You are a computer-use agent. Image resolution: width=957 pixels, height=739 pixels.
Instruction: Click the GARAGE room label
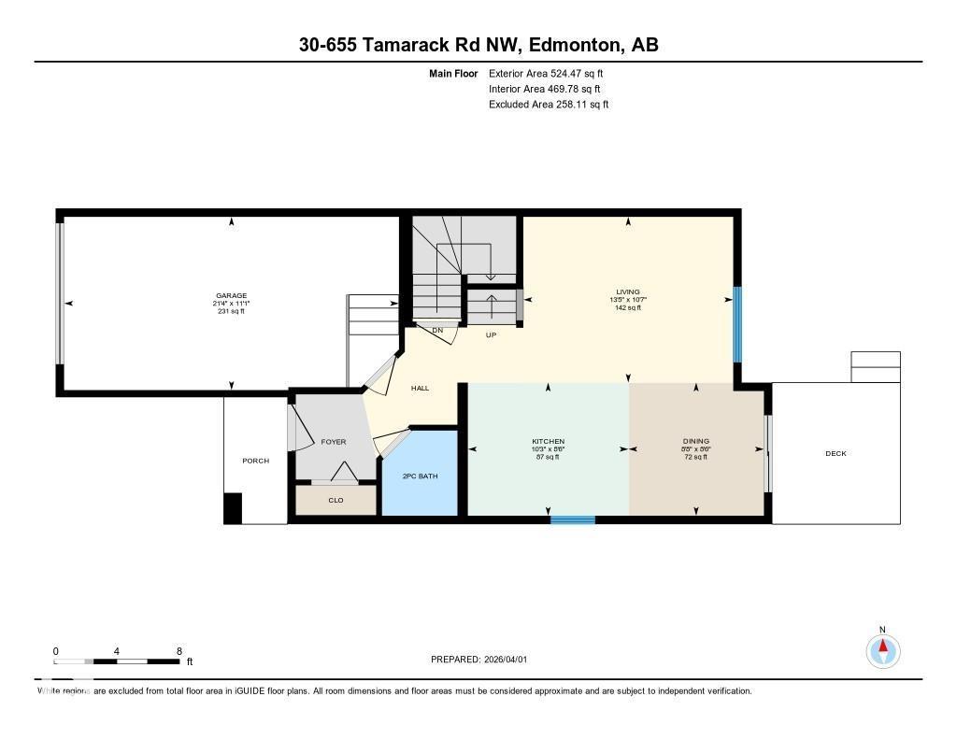(x=231, y=296)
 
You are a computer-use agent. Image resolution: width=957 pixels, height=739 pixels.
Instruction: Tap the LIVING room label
(x=628, y=292)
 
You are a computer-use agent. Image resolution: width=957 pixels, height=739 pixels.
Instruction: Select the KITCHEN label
(x=549, y=442)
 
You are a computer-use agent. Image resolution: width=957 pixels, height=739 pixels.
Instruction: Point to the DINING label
(x=695, y=442)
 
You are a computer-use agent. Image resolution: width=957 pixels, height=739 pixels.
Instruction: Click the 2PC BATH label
(x=420, y=476)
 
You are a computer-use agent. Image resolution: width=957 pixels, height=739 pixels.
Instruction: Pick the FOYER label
(x=334, y=442)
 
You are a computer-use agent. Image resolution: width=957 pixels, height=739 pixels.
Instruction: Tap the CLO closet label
(x=336, y=501)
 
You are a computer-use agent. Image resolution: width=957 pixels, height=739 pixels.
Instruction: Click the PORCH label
(x=255, y=461)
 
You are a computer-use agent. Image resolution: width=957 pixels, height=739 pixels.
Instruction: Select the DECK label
(x=836, y=454)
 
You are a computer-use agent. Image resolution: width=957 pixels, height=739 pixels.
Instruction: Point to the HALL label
(x=421, y=388)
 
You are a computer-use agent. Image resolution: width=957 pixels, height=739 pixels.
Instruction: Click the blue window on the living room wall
(x=736, y=324)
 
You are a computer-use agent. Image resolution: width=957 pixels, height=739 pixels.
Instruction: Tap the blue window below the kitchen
(x=572, y=519)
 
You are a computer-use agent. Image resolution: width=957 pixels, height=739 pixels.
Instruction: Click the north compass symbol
(x=882, y=649)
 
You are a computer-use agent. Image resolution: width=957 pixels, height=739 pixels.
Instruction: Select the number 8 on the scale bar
(x=179, y=651)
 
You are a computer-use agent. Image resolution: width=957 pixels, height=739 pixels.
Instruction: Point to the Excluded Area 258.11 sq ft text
(x=549, y=105)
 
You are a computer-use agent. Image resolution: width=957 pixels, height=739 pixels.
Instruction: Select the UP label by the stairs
(x=491, y=334)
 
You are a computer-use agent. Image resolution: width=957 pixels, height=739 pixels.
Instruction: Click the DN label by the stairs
(x=436, y=330)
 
